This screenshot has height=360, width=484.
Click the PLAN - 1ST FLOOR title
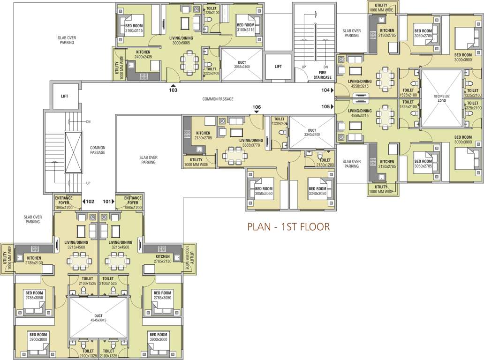pos(288,227)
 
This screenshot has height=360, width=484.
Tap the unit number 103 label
pos(173,90)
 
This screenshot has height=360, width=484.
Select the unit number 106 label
pos(256,107)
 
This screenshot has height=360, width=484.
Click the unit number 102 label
pos(90,202)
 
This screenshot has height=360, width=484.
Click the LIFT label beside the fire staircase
pos(278,67)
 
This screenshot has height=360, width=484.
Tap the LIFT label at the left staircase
pos(64,96)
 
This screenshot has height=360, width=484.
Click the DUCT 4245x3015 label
pos(98,318)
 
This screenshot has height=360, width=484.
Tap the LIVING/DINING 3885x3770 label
pos(251,142)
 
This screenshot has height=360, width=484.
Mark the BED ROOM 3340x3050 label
pos(317,191)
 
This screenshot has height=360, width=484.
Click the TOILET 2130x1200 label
pos(324,162)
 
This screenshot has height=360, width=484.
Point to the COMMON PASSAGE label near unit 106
pos(218,99)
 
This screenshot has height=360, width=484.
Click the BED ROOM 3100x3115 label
pos(245,27)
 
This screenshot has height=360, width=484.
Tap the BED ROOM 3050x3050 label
pos(264,191)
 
